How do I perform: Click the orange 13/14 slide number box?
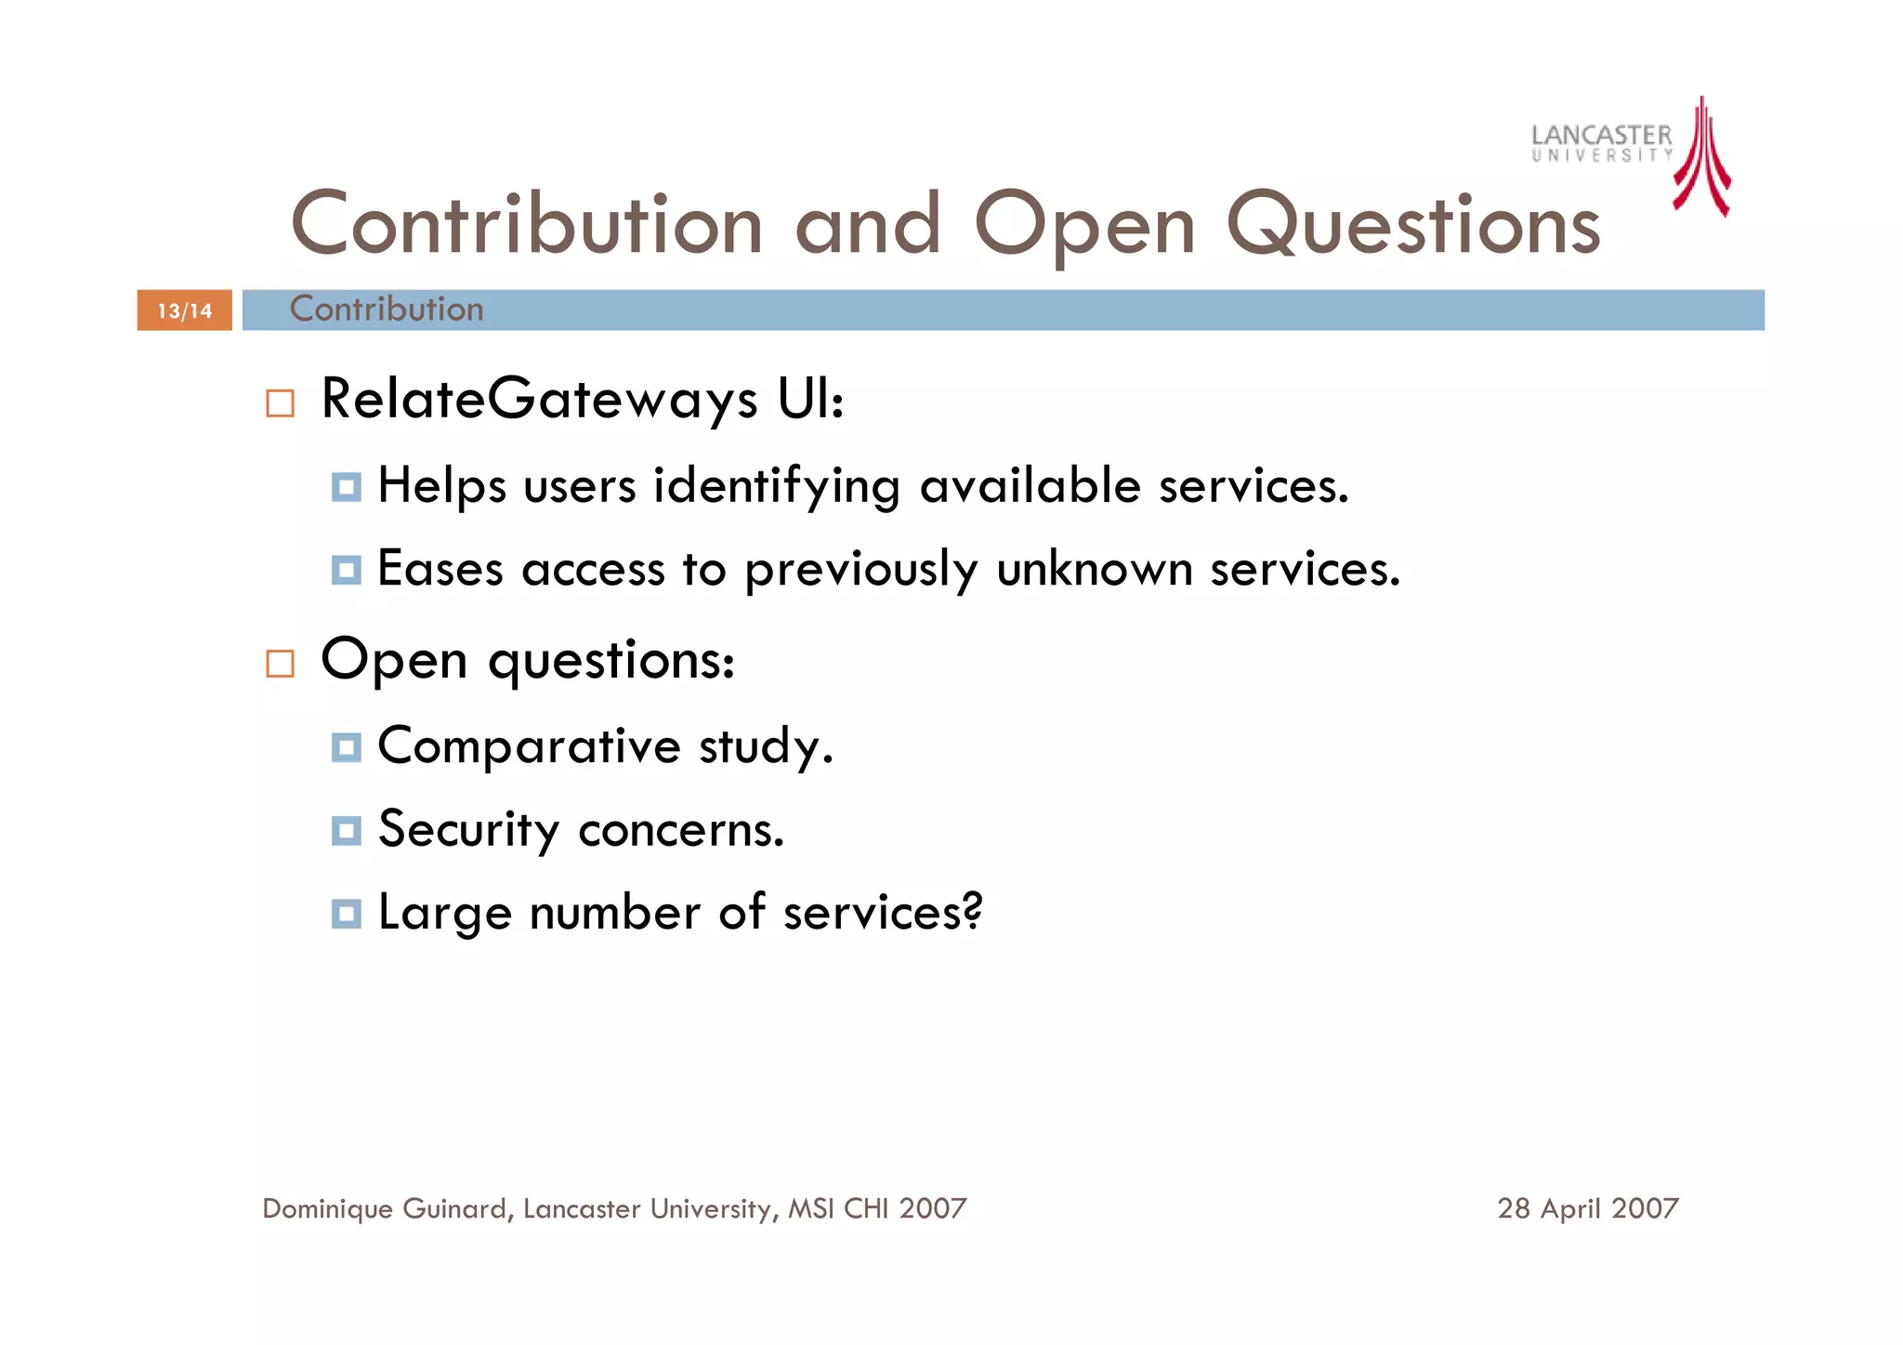184,310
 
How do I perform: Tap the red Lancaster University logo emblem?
1701,158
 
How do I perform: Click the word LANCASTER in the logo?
1601,136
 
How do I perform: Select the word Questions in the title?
1413,226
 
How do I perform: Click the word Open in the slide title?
1084,226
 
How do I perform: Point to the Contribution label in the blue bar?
387,309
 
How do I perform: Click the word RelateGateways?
539,400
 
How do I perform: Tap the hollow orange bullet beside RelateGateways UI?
280,403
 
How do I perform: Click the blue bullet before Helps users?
346,486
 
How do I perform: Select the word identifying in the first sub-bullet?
777,486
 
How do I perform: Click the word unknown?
1094,569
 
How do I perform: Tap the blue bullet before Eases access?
346,570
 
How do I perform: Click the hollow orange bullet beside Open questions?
280,664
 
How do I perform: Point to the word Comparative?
530,746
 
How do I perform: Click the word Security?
468,829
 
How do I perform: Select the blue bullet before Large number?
346,914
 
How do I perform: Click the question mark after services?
973,911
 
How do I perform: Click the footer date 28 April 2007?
1587,1208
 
